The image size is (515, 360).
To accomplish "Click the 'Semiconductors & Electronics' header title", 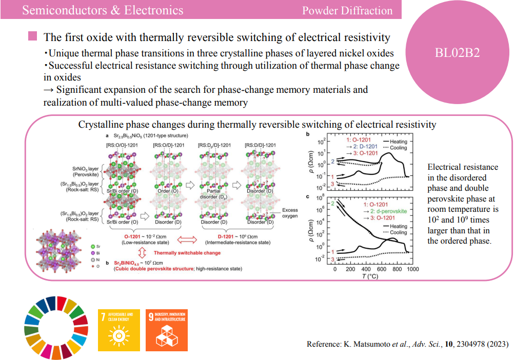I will point(103,10).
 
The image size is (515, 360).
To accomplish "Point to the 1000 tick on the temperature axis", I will point(409,269).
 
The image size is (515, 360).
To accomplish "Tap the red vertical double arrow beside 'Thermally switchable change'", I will point(142,252).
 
